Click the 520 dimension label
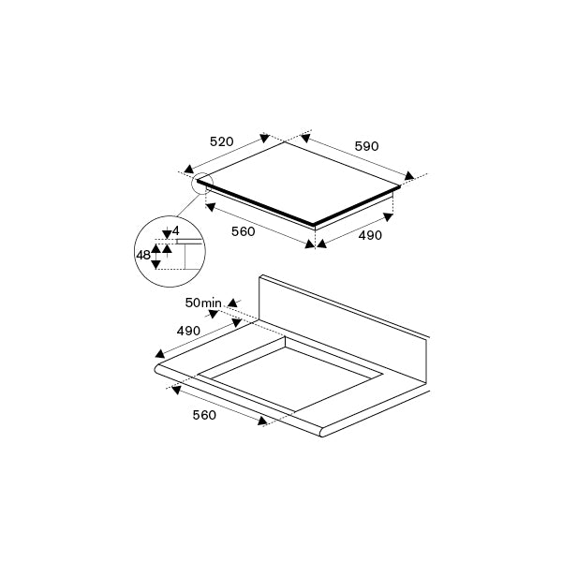(x=221, y=142)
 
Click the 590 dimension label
(x=366, y=146)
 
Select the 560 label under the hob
(x=243, y=231)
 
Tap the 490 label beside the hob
(x=370, y=235)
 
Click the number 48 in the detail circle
(x=143, y=254)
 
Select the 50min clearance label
(x=203, y=302)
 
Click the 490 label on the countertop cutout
(x=188, y=331)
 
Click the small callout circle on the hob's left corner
(x=202, y=185)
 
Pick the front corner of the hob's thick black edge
(x=314, y=225)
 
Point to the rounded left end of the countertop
(x=160, y=372)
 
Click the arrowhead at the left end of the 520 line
(x=188, y=170)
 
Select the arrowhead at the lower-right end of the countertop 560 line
(x=263, y=423)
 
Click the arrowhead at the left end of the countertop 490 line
(x=160, y=354)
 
